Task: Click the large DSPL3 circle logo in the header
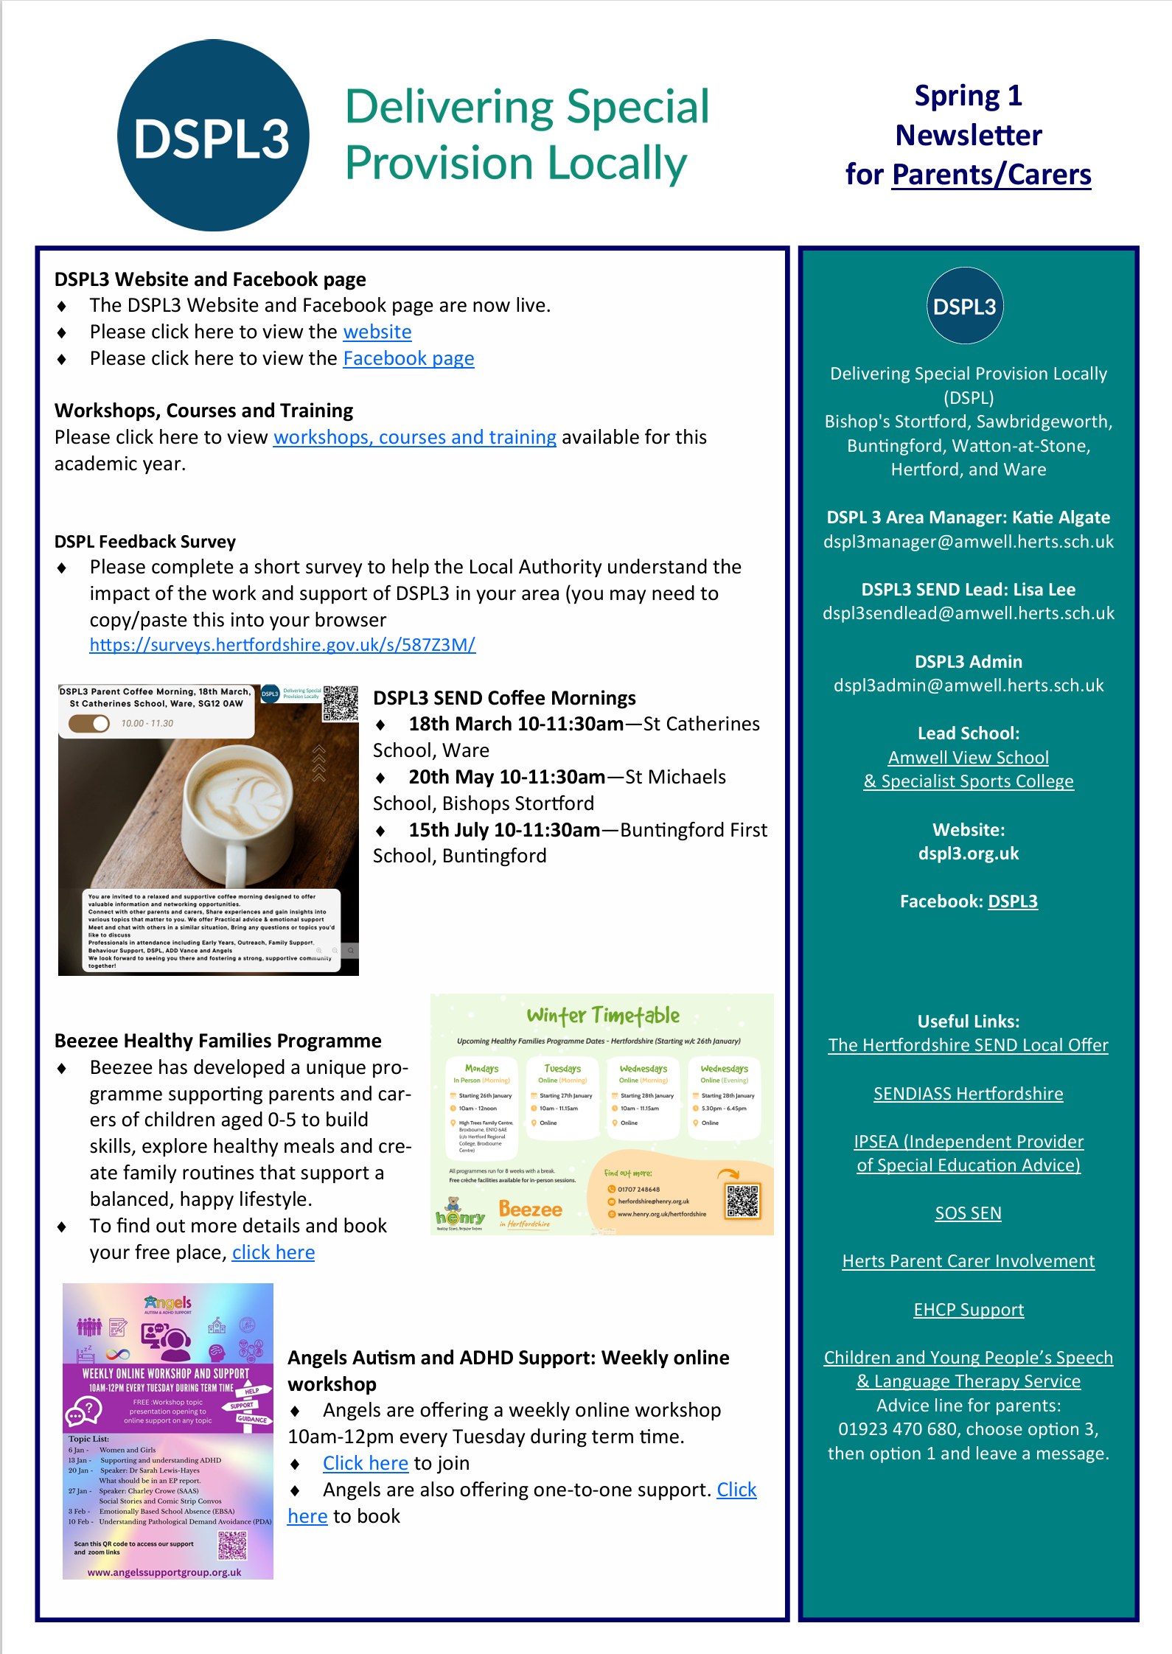213,136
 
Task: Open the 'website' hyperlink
377,332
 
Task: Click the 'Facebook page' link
408,358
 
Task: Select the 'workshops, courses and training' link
414,437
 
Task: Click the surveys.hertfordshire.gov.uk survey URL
282,645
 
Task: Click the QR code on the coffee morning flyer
340,703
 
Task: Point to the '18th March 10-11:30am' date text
516,724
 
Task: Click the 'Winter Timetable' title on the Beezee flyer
603,1016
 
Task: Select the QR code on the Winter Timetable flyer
742,1201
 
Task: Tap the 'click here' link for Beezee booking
273,1252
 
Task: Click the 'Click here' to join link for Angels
365,1463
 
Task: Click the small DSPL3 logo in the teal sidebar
965,306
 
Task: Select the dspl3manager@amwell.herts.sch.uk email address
969,542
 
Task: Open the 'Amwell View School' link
968,758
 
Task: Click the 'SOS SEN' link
968,1213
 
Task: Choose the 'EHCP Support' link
969,1310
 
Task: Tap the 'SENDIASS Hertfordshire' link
968,1094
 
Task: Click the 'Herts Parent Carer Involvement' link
968,1261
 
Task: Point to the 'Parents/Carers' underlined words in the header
991,175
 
